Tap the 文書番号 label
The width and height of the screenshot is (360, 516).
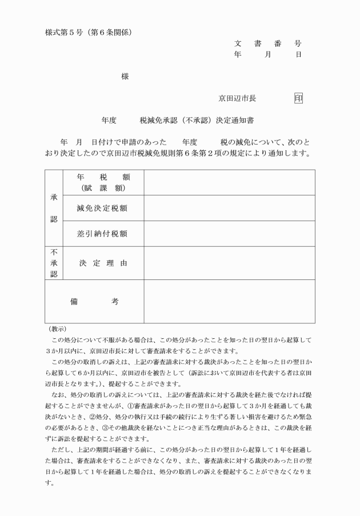click(267, 43)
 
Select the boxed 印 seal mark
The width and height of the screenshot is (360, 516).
click(298, 98)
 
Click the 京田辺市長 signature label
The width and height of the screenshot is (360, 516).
click(237, 98)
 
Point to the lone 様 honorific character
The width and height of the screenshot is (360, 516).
click(125, 76)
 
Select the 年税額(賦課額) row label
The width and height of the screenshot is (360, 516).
click(103, 182)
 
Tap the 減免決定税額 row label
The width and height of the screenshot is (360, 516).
click(103, 208)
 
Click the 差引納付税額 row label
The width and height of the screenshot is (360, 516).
click(103, 234)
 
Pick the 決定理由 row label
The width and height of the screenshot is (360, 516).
click(103, 263)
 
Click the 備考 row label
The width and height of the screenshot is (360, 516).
click(94, 301)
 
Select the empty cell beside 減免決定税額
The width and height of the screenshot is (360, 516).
click(229, 208)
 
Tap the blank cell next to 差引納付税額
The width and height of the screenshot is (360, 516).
click(229, 234)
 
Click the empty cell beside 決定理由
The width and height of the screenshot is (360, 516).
click(229, 263)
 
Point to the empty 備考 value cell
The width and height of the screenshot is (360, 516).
click(229, 301)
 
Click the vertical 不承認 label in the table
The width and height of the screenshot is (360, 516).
click(54, 263)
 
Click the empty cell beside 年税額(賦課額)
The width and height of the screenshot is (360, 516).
click(229, 182)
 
